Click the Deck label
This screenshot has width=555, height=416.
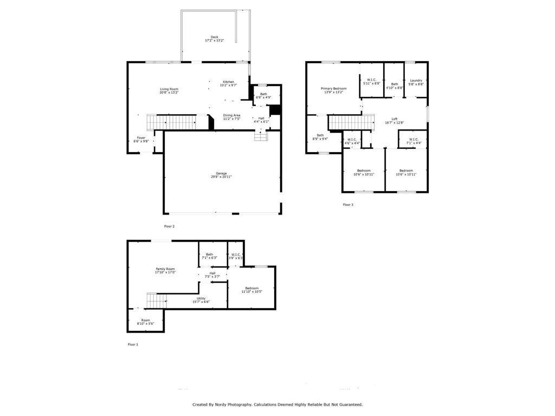pyautogui.click(x=215, y=37)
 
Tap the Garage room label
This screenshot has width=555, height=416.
pyautogui.click(x=221, y=173)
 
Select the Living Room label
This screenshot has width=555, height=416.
pyautogui.click(x=169, y=89)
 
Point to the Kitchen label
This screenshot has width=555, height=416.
pyautogui.click(x=229, y=82)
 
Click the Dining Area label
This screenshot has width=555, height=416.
pyautogui.click(x=231, y=115)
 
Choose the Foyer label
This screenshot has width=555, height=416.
pyautogui.click(x=141, y=138)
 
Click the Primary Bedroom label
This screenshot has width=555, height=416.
pyautogui.click(x=333, y=88)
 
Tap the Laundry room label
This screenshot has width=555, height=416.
pyautogui.click(x=416, y=81)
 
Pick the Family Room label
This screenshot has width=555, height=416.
pyautogui.click(x=165, y=269)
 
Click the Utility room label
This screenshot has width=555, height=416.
pyautogui.click(x=201, y=298)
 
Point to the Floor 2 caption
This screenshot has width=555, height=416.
pyautogui.click(x=169, y=226)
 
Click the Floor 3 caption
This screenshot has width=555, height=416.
pyautogui.click(x=348, y=205)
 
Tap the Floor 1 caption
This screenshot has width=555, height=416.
pyautogui.click(x=133, y=344)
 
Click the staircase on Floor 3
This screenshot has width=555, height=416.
pyautogui.click(x=351, y=122)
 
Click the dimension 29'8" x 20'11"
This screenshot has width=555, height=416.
pyautogui.click(x=221, y=177)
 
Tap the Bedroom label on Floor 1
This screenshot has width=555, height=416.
pyautogui.click(x=251, y=288)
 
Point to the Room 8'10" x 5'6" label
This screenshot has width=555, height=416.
pyautogui.click(x=145, y=322)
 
